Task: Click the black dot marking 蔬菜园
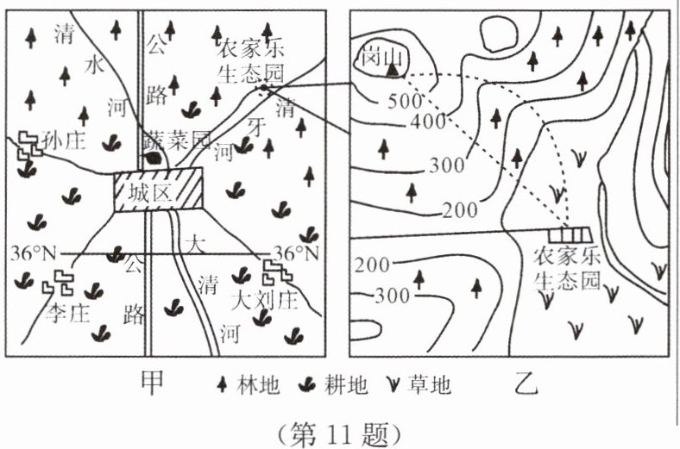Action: (x=153, y=158)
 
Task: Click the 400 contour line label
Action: (x=428, y=122)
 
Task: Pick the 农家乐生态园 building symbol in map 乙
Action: (x=570, y=234)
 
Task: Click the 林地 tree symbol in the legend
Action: (x=221, y=385)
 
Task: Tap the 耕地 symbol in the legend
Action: (x=307, y=385)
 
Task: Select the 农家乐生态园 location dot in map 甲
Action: (x=262, y=87)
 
